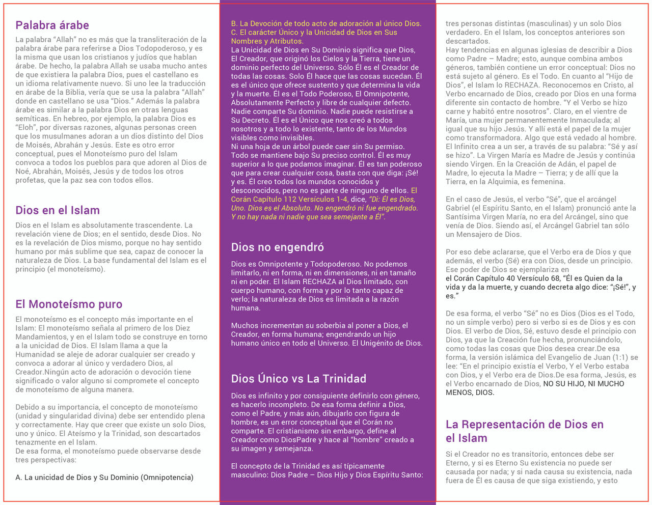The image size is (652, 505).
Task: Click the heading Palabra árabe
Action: (52, 25)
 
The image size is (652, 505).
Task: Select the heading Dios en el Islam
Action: (58, 210)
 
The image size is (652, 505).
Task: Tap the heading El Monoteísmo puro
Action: (69, 304)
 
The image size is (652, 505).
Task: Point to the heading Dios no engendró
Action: (277, 247)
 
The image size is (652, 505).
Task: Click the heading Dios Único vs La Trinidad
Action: (298, 379)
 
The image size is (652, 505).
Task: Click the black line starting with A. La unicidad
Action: (104, 478)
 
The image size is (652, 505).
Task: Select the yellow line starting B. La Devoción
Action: (326, 23)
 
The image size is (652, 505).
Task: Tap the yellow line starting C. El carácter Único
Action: (314, 33)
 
